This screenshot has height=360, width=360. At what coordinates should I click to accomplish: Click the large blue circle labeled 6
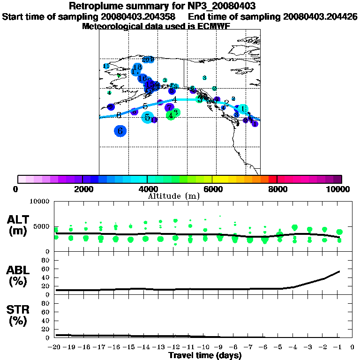[x=120, y=131]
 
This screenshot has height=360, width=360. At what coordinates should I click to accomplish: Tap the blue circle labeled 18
[x=137, y=67]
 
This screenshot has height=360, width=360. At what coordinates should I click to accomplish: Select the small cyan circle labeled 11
[x=106, y=66]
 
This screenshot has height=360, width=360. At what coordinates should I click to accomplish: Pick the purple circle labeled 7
[x=170, y=108]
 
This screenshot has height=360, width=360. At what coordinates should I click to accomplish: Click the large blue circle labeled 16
[x=142, y=78]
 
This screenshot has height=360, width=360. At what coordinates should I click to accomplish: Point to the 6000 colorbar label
[x=213, y=189]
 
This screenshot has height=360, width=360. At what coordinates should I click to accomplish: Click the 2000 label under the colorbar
[x=82, y=189]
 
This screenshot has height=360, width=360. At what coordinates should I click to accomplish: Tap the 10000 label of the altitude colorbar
[x=337, y=189]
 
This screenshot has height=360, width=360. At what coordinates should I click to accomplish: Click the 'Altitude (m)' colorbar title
[x=174, y=196]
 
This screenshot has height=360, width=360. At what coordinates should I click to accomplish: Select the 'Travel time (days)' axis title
[x=205, y=356]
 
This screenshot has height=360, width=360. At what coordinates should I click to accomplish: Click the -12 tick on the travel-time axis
[x=174, y=347]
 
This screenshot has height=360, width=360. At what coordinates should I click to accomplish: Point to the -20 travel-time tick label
[x=55, y=347]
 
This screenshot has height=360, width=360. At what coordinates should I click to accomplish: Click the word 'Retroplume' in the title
[x=97, y=7]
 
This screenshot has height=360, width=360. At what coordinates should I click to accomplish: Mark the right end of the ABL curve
[x=339, y=271]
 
